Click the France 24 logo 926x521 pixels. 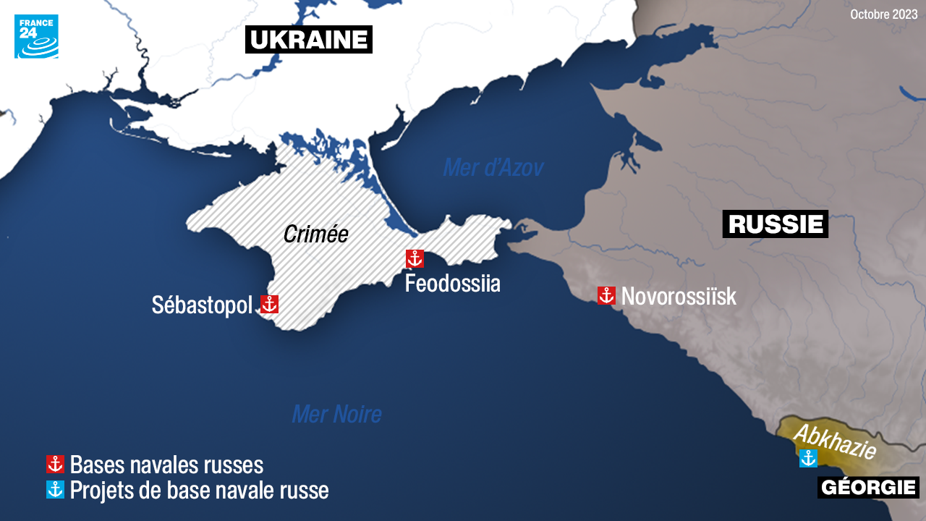[x=36, y=36]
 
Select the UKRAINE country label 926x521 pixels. [x=309, y=39]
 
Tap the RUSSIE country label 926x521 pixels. [x=775, y=224]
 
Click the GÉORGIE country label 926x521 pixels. [x=868, y=488]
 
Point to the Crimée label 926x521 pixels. [x=315, y=234]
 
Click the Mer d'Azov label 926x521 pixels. [x=493, y=168]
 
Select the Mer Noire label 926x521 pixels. [x=336, y=414]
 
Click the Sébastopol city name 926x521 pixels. [x=202, y=305]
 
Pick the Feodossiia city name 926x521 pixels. [x=452, y=283]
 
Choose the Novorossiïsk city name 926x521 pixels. [x=679, y=296]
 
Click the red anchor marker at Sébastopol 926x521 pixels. [x=269, y=304]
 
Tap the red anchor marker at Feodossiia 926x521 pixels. [x=415, y=258]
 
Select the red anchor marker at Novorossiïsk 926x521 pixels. [x=606, y=295]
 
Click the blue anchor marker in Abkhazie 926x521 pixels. [x=808, y=458]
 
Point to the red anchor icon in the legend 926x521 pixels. [x=55, y=464]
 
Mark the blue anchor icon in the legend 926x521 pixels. [x=55, y=490]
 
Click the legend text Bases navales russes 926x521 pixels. [x=166, y=464]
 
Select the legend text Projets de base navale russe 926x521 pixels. [x=199, y=490]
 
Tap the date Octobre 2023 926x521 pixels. [x=883, y=14]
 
